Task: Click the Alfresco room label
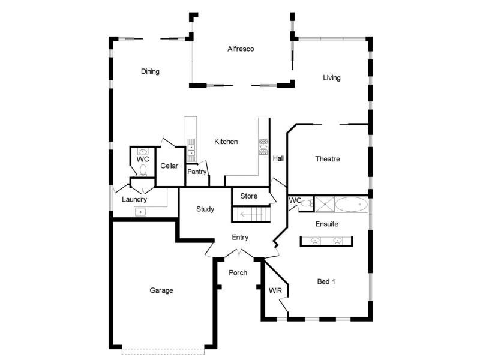[241, 49]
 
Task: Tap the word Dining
[150, 71]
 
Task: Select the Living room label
[332, 78]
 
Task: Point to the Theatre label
[328, 159]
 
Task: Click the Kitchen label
[226, 142]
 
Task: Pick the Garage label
[161, 290]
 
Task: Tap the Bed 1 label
[326, 281]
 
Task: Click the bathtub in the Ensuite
[352, 205]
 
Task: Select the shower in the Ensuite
[325, 205]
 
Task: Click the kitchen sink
[191, 150]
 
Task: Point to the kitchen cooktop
[263, 146]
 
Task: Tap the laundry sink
[140, 212]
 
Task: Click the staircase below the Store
[251, 214]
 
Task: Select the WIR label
[275, 290]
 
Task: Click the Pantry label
[197, 172]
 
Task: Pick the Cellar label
[169, 166]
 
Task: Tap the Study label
[205, 209]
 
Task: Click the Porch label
[238, 272]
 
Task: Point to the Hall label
[278, 158]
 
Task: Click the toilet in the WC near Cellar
[143, 170]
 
